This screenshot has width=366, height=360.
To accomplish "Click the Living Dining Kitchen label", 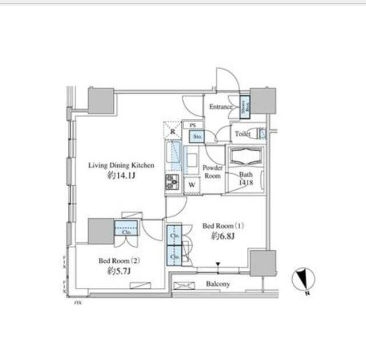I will tap(121, 165).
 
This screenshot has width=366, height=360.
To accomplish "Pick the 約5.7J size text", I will tap(118, 271).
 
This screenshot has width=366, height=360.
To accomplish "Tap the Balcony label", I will tap(218, 284).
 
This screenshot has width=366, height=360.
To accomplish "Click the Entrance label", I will tap(221, 107).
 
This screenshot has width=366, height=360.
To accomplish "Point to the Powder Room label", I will tap(213, 172).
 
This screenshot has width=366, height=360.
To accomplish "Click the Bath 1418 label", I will tap(246, 178).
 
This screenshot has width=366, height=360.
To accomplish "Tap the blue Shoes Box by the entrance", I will tap(244, 107).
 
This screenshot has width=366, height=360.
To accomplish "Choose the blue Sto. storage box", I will tap(197, 137).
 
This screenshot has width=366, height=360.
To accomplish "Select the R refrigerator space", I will tap(173, 131).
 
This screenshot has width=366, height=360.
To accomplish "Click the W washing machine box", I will tap(192, 185).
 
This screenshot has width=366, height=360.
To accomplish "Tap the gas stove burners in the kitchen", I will tap(173, 182).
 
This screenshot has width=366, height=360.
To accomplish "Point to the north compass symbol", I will tap(303, 280).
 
